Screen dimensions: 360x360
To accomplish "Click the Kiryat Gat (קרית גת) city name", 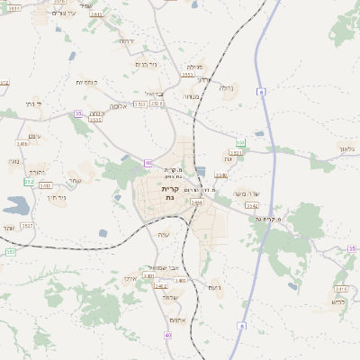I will point(168,194).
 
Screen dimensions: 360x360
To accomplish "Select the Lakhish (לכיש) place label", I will point(337,301).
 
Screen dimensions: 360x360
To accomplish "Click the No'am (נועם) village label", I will point(214,287).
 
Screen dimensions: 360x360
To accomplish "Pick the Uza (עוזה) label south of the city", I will point(163,235).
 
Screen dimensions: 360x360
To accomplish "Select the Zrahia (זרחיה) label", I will point(127,40).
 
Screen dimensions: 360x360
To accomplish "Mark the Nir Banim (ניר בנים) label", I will point(145,65).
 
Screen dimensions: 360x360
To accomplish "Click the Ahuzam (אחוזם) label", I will point(176,319).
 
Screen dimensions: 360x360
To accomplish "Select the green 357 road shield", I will point(11,252).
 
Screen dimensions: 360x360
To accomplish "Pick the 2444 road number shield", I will point(197,202).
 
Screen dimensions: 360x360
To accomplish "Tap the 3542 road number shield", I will point(252,206).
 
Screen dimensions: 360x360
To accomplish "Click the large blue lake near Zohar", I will point(15,205).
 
